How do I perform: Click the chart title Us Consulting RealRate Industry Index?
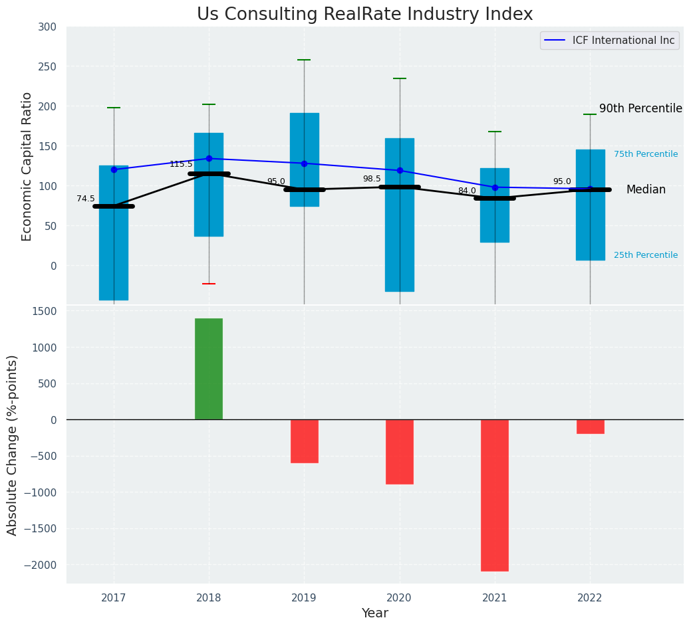pos(364,15)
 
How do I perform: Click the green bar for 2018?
pos(209,369)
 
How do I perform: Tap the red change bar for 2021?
pos(495,495)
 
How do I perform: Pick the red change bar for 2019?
pos(305,441)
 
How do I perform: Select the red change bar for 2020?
pos(400,451)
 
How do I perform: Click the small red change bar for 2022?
pos(591,427)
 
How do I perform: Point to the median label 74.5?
pos(86,199)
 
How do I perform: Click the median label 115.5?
pos(181,164)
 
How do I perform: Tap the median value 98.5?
pos(372,179)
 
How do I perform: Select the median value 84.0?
pos(467,191)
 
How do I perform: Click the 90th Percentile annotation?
pos(640,108)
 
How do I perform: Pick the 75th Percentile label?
pos(646,154)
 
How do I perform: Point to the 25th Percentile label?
pos(646,255)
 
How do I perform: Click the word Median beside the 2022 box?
pos(646,190)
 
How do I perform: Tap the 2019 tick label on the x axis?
pos(305,598)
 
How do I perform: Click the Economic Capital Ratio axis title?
pos(27,166)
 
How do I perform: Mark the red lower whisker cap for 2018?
pos(209,284)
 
